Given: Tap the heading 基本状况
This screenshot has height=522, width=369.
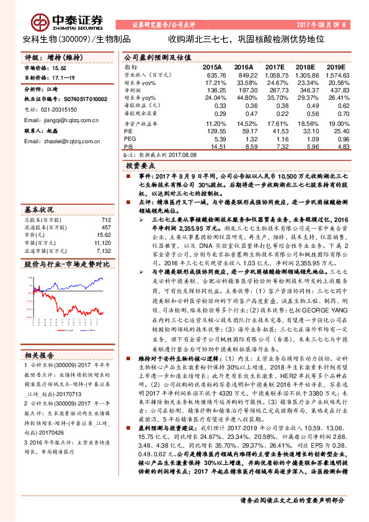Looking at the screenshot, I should pyautogui.click(x=38, y=209).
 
